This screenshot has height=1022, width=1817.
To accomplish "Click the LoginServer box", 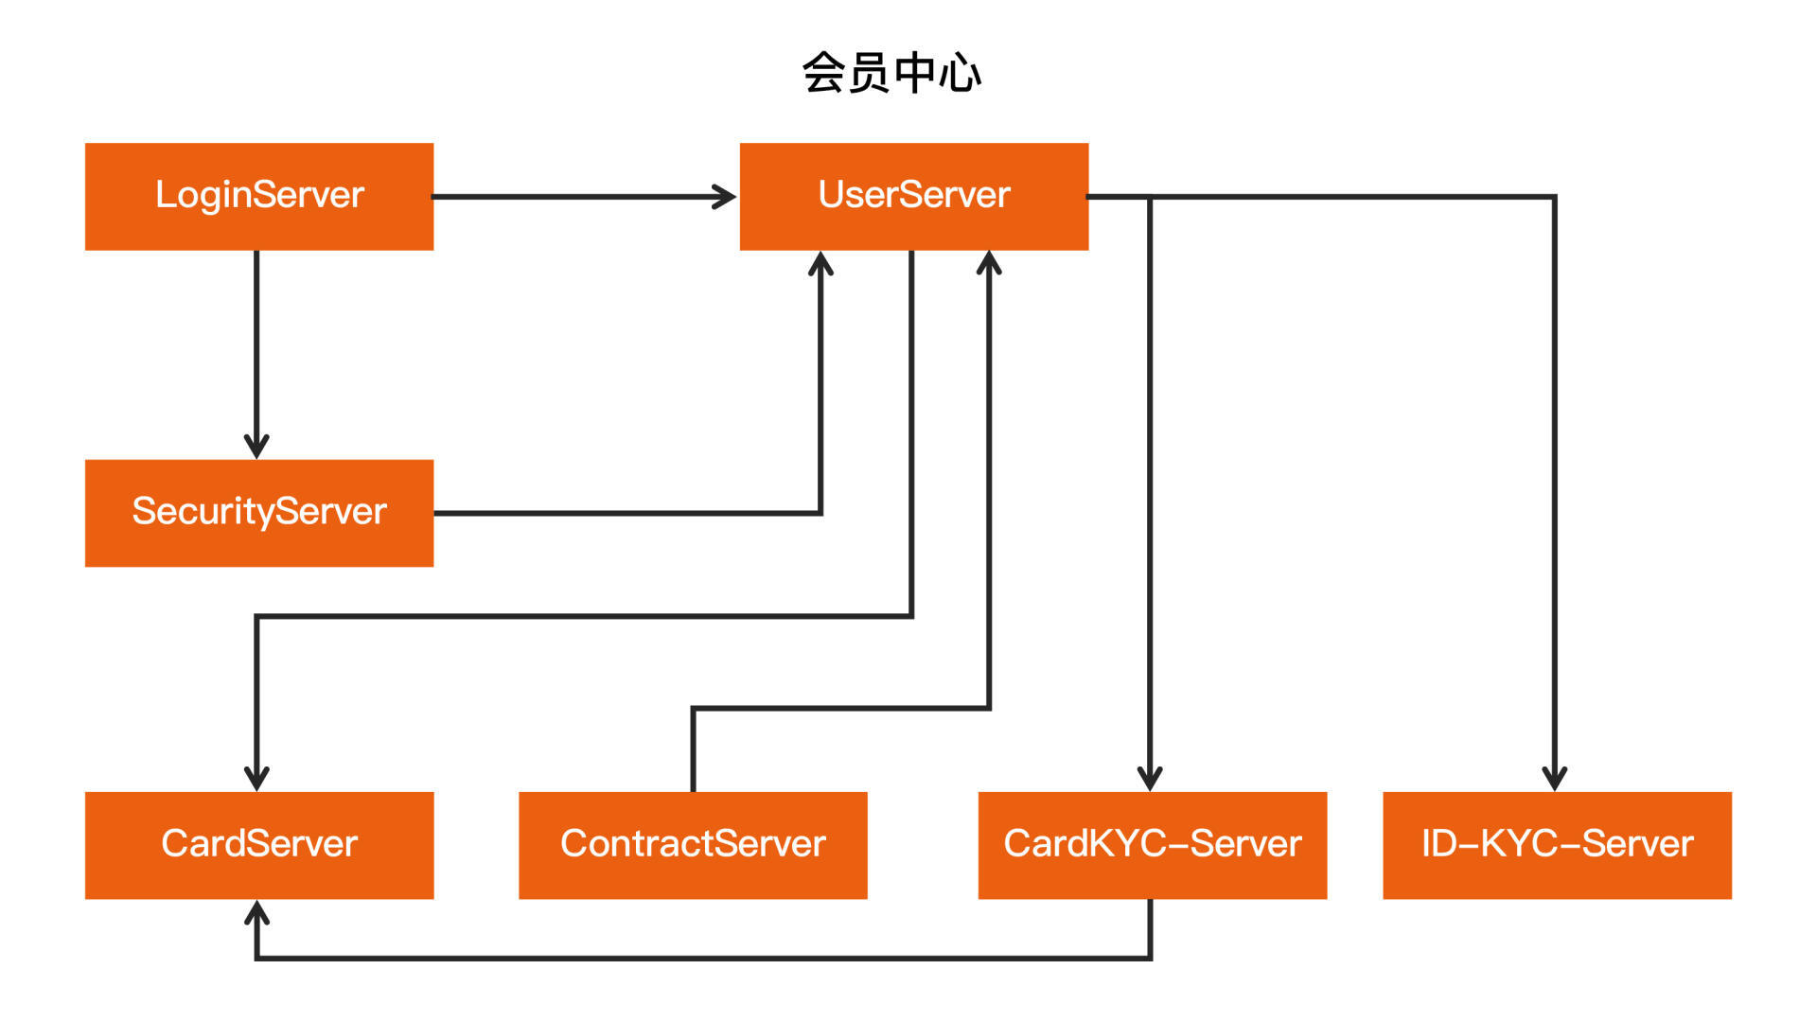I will pos(259,197).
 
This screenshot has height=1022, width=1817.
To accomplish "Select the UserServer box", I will pos(913,197).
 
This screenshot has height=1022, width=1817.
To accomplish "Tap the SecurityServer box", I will pos(259,513).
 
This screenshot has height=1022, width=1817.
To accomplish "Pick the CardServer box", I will pos(259,845).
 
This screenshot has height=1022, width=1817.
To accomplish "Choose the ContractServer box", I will pos(693,845).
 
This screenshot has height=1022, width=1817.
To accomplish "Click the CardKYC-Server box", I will pos(1152,845).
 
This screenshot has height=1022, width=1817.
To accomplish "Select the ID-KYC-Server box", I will pos(1557,845).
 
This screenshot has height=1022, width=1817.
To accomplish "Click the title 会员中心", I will pos(891,73).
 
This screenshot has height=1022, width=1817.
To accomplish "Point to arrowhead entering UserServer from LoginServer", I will pos(726,197).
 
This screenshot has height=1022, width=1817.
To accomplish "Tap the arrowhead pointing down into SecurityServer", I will pos(256,447).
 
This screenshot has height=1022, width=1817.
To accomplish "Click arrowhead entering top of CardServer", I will pos(256,779).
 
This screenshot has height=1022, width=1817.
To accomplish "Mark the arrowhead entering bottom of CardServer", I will pos(256,912).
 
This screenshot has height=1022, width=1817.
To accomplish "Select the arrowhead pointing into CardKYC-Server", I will pos(1150,779).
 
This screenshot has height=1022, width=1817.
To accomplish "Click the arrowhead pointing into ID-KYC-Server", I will pos(1555,779).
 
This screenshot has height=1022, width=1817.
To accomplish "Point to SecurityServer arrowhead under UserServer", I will pos(820,263).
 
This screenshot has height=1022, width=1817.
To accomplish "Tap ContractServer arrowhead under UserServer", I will pos(989,263).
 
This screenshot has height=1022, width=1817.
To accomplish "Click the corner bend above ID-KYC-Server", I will pos(1554,198).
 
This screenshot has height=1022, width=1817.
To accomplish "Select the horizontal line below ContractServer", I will pos(700,958).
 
